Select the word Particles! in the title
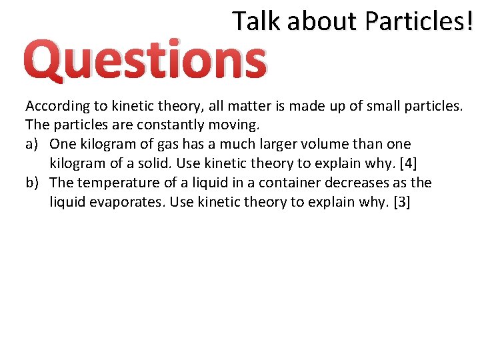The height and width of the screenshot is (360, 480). click(x=418, y=21)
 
